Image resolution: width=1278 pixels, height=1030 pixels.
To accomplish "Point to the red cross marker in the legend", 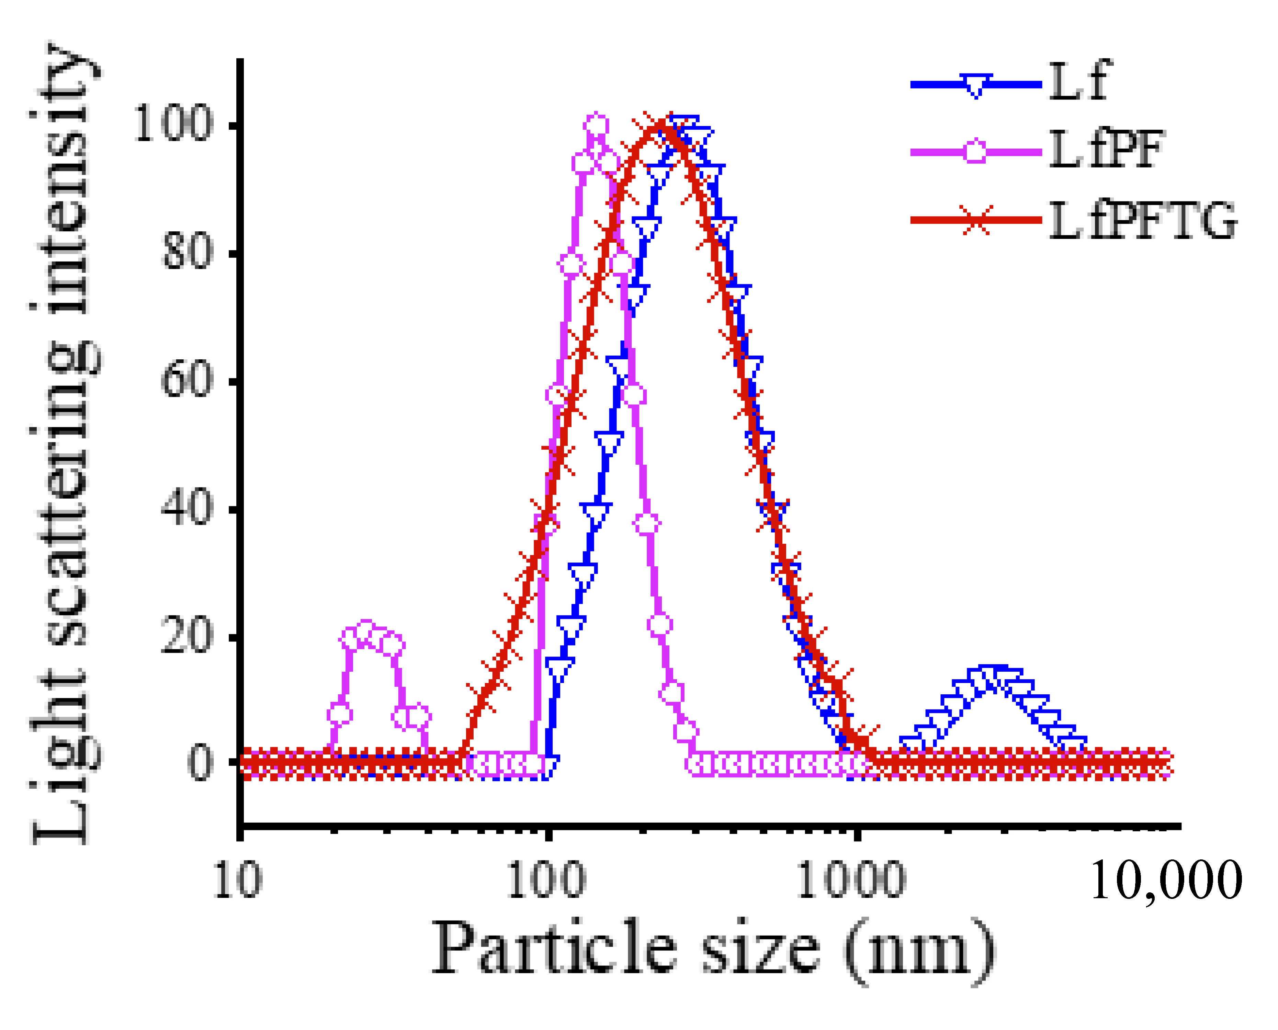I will pos(975,220).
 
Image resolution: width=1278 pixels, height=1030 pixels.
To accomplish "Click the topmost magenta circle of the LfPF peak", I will pos(597,125).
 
